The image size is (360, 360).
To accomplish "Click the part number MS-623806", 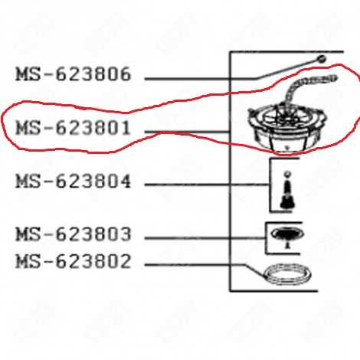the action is point(74,74).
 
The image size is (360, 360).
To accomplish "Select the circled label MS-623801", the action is point(74,128).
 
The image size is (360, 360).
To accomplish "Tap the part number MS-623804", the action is point(74,182).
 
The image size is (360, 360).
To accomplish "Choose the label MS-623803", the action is point(74,234).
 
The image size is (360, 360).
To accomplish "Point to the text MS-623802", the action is point(74,261).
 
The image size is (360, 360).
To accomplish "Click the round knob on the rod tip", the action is point(322,59).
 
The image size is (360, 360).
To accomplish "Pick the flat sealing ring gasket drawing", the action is point(287,275).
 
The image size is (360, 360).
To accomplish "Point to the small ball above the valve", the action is point(288,174).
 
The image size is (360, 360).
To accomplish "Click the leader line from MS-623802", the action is point(205,265).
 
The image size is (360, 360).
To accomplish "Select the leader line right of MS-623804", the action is point(207,185).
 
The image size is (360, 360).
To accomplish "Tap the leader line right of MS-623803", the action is point(205,238).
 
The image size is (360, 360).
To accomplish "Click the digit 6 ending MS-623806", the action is point(125,74).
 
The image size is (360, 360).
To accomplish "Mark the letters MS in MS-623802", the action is point(28,261).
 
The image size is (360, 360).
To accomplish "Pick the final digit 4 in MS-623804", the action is point(125,182).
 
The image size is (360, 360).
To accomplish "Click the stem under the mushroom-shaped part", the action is point(288,244).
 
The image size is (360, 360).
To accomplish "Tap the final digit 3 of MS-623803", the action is point(125,234).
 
